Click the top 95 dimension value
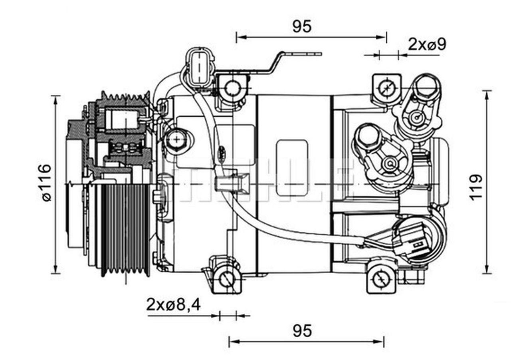(301, 26)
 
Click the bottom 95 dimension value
(301, 330)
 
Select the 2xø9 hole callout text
(426, 44)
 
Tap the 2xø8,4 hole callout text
(173, 305)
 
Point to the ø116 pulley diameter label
(46, 183)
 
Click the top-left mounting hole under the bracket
(232, 88)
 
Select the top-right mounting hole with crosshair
(386, 87)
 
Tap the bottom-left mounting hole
(227, 278)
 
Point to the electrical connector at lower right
(413, 241)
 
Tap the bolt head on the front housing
(176, 140)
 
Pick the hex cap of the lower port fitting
(367, 136)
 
